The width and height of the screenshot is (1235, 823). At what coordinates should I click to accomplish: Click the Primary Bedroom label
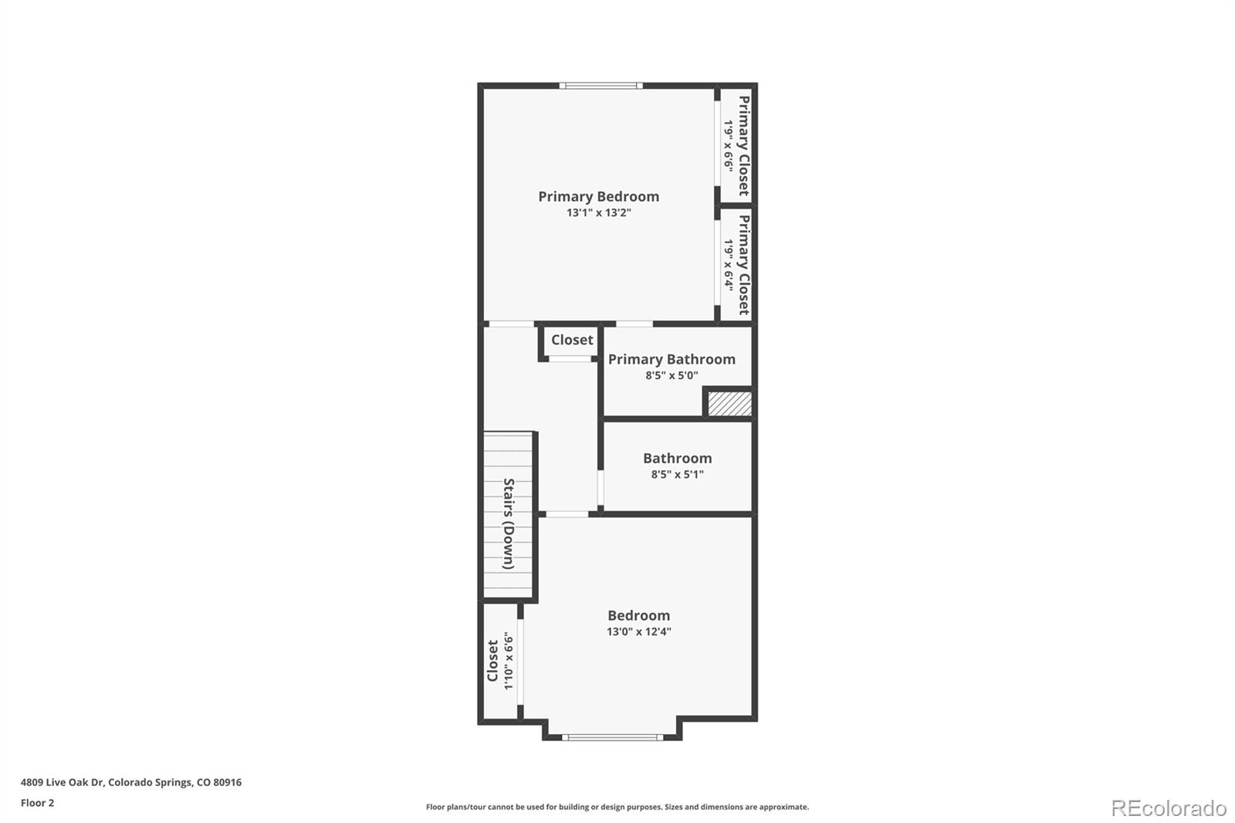click(x=598, y=196)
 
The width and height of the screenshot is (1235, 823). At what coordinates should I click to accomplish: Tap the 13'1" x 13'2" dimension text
click(x=598, y=212)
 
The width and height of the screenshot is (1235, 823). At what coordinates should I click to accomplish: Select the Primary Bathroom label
click(x=672, y=359)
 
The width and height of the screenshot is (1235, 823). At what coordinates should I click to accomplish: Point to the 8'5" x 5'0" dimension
click(x=672, y=376)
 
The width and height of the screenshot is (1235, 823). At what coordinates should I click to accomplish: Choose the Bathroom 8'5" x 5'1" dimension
click(x=677, y=475)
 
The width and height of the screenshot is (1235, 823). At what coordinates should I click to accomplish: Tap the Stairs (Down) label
click(x=509, y=523)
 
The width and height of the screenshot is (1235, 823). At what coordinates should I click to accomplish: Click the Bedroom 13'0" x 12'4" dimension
click(x=638, y=632)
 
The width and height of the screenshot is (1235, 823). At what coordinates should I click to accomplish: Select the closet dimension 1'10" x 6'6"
click(x=508, y=661)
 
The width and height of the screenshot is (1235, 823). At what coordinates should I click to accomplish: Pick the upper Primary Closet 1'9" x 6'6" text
click(x=728, y=145)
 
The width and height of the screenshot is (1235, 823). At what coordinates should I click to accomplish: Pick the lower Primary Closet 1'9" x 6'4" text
click(x=728, y=264)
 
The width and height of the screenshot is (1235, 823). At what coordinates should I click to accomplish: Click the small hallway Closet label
click(x=572, y=340)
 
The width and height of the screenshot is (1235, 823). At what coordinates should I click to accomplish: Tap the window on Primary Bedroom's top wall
click(x=601, y=86)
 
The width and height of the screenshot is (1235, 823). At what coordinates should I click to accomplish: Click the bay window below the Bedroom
click(x=612, y=737)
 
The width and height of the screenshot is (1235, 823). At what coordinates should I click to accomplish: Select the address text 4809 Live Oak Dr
click(x=131, y=782)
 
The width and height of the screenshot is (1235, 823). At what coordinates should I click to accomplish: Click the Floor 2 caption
click(x=37, y=803)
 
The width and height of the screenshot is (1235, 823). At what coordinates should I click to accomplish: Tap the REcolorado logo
click(x=1168, y=808)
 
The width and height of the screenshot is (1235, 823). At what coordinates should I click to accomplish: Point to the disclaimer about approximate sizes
click(x=617, y=807)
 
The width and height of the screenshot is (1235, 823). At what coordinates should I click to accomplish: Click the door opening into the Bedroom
click(x=567, y=514)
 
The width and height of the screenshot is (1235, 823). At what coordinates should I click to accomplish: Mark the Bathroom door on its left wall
click(x=601, y=487)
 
